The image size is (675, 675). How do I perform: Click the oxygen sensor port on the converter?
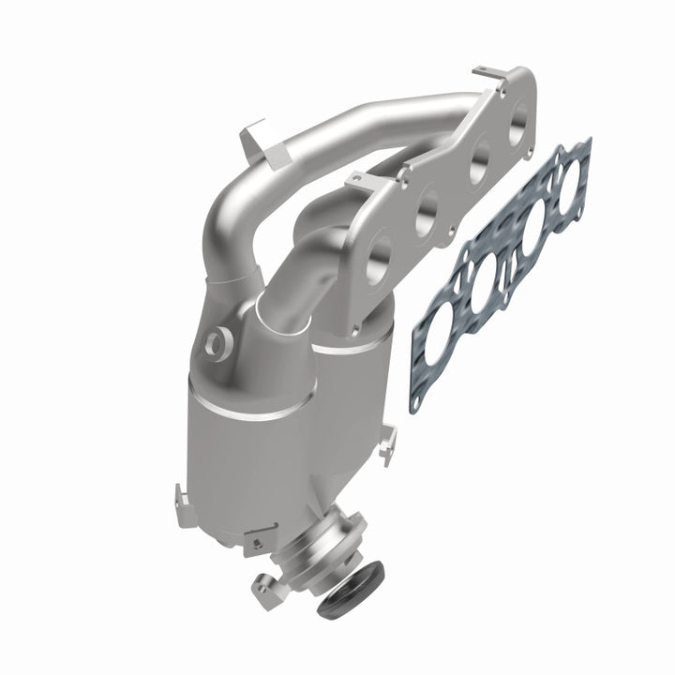coord(217,342)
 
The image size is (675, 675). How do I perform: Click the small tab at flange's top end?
coord(490,74)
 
